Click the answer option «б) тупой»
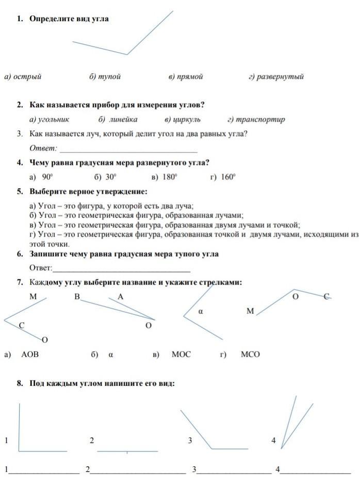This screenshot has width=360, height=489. (105, 77)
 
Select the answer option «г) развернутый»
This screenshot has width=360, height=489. (276, 77)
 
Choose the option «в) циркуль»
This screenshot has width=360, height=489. (183, 120)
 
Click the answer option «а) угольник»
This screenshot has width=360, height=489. (50, 120)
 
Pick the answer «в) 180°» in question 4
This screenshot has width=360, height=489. (165, 177)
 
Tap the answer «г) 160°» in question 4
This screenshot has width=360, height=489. (223, 177)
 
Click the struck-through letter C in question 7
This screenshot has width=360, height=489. (327, 296)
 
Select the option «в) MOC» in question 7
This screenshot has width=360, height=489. (175, 355)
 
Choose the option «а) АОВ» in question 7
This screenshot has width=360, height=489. (26, 355)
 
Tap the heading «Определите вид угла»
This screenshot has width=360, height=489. (69, 19)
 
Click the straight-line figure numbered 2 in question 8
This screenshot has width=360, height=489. (127, 451)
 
